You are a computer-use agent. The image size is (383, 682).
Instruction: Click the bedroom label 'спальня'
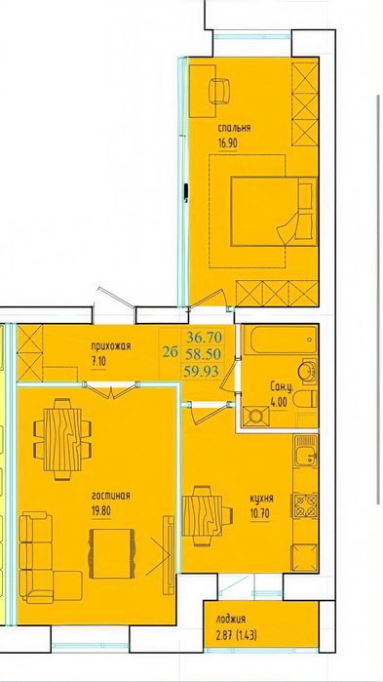[234, 129]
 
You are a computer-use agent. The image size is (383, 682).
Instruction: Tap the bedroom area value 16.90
[228, 143]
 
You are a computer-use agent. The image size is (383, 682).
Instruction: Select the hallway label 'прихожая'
[111, 346]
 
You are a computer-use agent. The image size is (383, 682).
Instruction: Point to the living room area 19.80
[101, 510]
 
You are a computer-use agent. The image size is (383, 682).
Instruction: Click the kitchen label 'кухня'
[262, 499]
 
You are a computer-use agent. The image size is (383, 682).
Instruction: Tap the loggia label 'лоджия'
[231, 621]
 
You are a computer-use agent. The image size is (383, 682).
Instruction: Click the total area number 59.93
[202, 371]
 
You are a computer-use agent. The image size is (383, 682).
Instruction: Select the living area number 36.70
[204, 337]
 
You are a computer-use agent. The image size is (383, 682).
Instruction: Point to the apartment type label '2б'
[171, 352]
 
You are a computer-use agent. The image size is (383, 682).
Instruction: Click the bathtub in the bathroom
[280, 341]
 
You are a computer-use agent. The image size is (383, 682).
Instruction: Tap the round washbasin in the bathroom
[308, 370]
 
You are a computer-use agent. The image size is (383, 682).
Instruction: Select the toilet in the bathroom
[305, 399]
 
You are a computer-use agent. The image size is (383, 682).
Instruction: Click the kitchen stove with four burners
[306, 504]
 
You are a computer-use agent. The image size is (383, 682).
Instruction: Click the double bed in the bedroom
[274, 212]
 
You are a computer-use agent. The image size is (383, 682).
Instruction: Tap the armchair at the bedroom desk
[219, 91]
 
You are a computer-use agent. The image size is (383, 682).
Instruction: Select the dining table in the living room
[63, 439]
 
